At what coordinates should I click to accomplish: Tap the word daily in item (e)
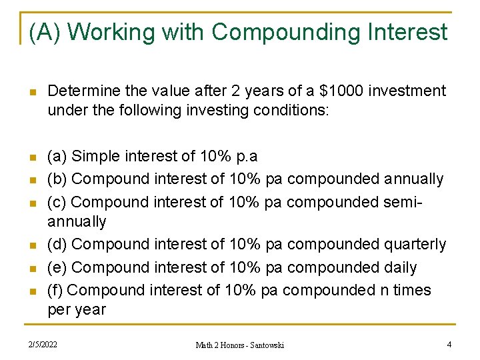(x=399, y=267)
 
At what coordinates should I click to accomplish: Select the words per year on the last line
(x=77, y=309)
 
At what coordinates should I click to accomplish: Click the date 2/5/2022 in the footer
(x=42, y=344)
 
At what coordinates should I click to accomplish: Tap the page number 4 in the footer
(x=449, y=344)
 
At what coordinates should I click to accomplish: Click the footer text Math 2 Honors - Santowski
(x=239, y=345)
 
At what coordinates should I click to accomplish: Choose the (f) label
(x=56, y=290)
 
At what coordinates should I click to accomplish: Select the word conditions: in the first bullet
(x=292, y=109)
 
